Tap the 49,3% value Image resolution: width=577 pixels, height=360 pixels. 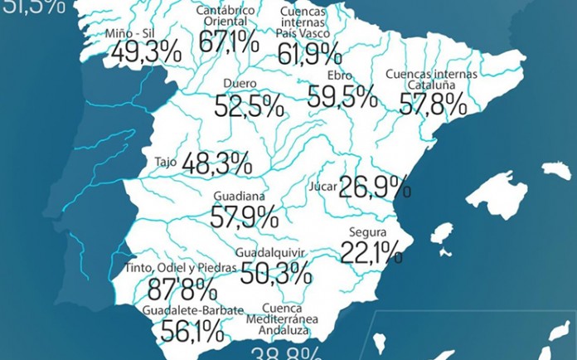pyautogui.click(x=145, y=52)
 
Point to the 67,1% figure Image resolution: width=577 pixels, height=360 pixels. pyautogui.click(x=230, y=41)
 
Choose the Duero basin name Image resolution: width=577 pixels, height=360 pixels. pyautogui.click(x=240, y=84)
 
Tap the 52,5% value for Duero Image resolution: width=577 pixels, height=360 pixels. pyautogui.click(x=249, y=105)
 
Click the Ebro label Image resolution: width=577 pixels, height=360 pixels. pyautogui.click(x=340, y=75)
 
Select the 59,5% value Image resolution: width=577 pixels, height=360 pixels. pyautogui.click(x=342, y=97)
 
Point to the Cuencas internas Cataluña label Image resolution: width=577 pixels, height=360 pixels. pyautogui.click(x=431, y=79)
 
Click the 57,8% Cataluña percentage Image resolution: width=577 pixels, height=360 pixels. pyautogui.click(x=432, y=103)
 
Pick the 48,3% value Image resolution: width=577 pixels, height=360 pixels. pyautogui.click(x=216, y=163)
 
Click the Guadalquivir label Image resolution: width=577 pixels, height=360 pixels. pyautogui.click(x=272, y=251)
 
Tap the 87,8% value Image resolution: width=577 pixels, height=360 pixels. pyautogui.click(x=182, y=289)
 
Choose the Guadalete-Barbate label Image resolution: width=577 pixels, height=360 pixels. pyautogui.click(x=192, y=311)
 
